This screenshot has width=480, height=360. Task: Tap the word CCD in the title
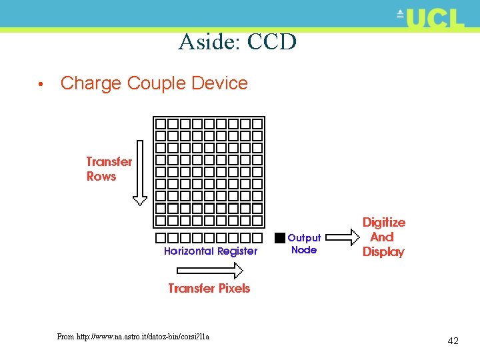271,42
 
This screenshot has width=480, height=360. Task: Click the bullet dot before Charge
41,85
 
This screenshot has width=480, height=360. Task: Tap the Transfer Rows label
109,169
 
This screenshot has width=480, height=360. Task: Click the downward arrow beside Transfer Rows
140,172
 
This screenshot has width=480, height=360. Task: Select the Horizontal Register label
210,251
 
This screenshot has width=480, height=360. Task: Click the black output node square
280,237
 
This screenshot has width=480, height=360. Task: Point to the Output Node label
304,244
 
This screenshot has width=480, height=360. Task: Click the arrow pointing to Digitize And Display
345,238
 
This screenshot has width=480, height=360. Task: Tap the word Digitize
383,222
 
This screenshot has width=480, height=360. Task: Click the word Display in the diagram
383,252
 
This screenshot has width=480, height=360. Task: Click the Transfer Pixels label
209,288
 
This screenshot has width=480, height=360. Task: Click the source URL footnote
133,337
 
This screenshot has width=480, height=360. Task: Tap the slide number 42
453,341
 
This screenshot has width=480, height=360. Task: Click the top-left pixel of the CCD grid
161,124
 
